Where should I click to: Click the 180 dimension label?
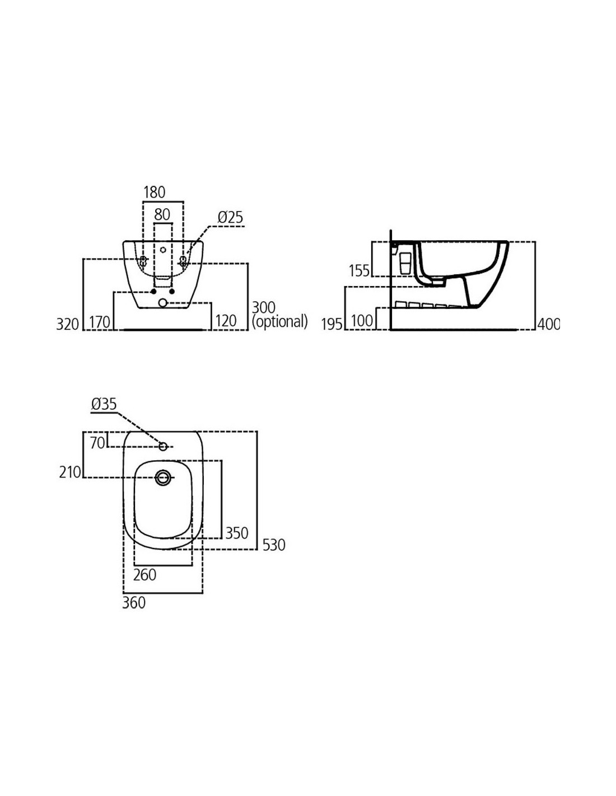click(x=154, y=193)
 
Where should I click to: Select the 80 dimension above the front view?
click(x=162, y=214)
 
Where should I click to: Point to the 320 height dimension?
click(x=68, y=324)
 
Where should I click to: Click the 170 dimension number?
click(x=100, y=322)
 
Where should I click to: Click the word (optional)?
click(x=280, y=322)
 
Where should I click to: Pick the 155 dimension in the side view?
click(x=359, y=271)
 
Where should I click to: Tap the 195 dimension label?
click(x=332, y=324)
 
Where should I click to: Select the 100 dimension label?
click(x=362, y=321)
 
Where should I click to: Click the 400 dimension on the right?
click(x=549, y=324)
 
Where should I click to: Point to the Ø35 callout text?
click(x=104, y=404)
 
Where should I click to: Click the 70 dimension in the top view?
click(x=97, y=443)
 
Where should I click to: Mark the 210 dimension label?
click(x=70, y=472)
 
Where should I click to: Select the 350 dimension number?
click(x=237, y=533)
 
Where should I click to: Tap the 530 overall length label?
click(x=274, y=545)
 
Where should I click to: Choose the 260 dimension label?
click(x=144, y=575)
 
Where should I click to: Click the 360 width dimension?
click(x=134, y=602)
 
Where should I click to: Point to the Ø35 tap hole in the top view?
click(x=163, y=447)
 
